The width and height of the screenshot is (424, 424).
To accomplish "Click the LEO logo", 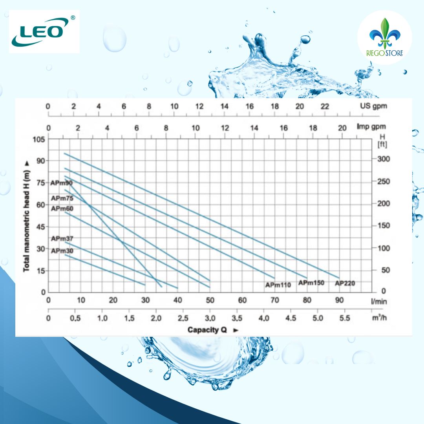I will coord(44,31).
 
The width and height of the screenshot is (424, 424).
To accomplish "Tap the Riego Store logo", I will coord(384,38).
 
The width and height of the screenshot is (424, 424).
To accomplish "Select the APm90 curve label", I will coord(62,183).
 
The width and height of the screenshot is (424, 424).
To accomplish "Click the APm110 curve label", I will coord(278,285).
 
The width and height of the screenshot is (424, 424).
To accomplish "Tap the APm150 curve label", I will coord(311,283).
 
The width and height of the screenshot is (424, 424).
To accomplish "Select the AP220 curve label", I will coord(345,283).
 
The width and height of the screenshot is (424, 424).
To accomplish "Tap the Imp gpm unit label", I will coord(371,126).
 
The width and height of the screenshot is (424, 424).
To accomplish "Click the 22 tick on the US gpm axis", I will coord(325,106).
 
